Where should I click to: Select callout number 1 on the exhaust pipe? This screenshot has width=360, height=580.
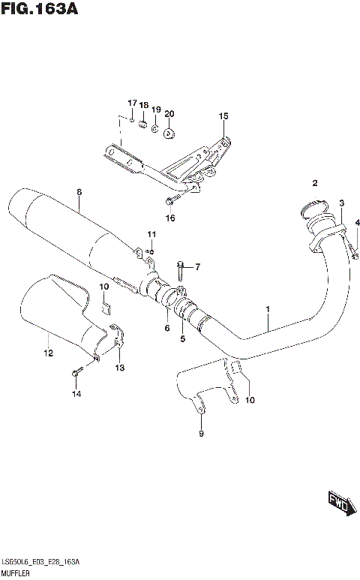[267, 309]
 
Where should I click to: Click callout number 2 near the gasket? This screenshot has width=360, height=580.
[315, 183]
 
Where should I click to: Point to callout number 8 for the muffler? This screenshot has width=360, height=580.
[78, 193]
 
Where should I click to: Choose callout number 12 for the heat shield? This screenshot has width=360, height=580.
[47, 353]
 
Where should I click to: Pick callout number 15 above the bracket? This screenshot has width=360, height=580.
[222, 116]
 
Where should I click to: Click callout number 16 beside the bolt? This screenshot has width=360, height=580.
[170, 218]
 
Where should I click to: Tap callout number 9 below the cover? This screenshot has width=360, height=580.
[201, 433]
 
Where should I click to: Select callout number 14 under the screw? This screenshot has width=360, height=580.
[75, 394]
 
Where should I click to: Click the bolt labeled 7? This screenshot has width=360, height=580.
[181, 266]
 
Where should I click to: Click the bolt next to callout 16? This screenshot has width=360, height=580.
[171, 201]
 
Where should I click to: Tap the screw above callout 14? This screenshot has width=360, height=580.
[76, 371]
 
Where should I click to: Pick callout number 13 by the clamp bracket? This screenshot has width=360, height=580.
[121, 367]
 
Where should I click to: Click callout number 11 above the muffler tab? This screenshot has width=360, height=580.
[151, 234]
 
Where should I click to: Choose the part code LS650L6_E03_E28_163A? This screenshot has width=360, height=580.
[40, 562]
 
